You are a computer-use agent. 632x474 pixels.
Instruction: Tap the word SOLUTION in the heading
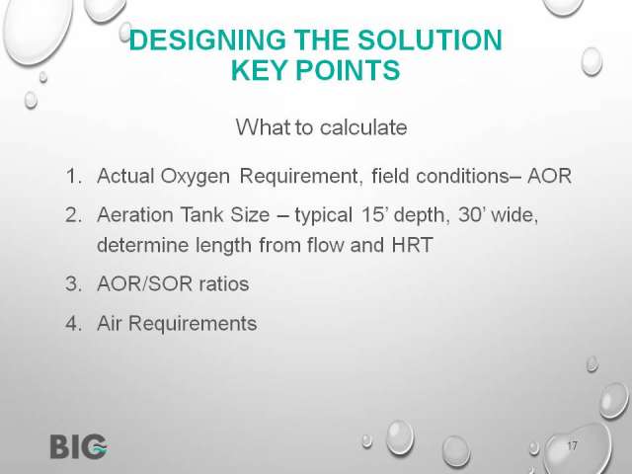click(430, 39)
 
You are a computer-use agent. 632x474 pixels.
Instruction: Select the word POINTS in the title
click(348, 70)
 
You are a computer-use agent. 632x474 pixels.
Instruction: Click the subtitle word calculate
click(363, 127)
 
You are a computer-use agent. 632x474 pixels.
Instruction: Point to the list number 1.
click(74, 176)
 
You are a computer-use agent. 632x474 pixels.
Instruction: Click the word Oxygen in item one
click(196, 177)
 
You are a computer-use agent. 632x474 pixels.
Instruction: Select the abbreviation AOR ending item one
click(549, 176)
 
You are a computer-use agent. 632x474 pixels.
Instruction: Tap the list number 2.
click(74, 215)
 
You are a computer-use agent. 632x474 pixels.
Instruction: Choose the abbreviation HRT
click(413, 245)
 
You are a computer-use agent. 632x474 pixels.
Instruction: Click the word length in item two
click(224, 246)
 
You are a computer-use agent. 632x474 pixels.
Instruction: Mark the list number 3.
click(74, 284)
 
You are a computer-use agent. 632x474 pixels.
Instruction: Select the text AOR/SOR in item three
click(144, 283)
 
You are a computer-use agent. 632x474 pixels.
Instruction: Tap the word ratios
click(224, 283)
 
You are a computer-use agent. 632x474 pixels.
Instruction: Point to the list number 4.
click(74, 324)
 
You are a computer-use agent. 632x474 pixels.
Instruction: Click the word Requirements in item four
click(193, 324)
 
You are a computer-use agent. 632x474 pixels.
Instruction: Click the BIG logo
click(79, 446)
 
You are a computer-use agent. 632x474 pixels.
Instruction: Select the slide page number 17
click(572, 446)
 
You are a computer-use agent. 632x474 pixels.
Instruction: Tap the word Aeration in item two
click(134, 214)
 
